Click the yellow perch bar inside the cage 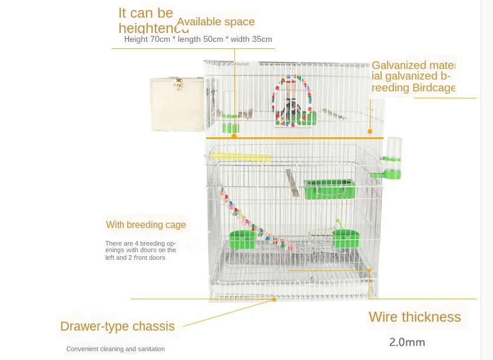(x=240, y=157)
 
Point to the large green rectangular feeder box (x=330, y=189)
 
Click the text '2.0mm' (x=407, y=342)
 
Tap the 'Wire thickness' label (x=415, y=317)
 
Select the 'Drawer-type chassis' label (x=117, y=326)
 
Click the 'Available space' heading (x=216, y=22)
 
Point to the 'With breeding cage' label (x=145, y=224)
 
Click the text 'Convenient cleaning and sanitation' (x=115, y=349)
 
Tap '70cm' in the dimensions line (x=160, y=39)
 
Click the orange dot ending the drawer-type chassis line (x=274, y=299)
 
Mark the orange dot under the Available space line (x=234, y=136)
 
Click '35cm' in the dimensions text (x=262, y=39)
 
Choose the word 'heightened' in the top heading (x=153, y=28)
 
